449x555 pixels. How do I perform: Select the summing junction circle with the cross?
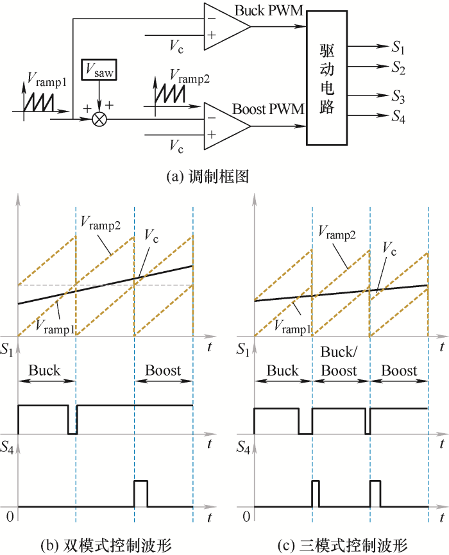[99, 119]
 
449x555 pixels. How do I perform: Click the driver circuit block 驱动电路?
[326, 78]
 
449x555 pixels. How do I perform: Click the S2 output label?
[398, 67]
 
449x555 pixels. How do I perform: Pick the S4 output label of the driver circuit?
[398, 117]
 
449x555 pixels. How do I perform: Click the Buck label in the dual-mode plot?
[44, 370]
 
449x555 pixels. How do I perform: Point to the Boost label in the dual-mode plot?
[163, 370]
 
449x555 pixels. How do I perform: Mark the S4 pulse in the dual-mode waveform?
[140, 493]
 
